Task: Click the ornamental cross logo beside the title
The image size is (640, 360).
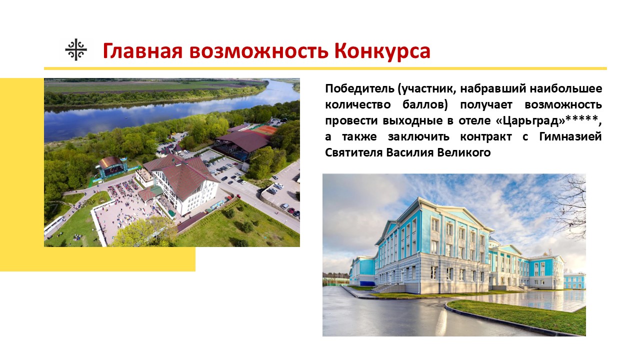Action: (76, 50)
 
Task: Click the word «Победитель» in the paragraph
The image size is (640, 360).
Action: (359, 88)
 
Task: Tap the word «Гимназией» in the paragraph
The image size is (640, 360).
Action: (570, 136)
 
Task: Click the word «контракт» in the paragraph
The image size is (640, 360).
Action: (485, 137)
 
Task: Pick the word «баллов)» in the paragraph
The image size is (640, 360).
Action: (425, 105)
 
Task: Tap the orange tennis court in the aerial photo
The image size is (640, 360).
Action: (264, 129)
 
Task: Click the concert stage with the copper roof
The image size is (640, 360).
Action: (112, 166)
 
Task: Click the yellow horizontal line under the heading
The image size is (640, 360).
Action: (325, 68)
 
